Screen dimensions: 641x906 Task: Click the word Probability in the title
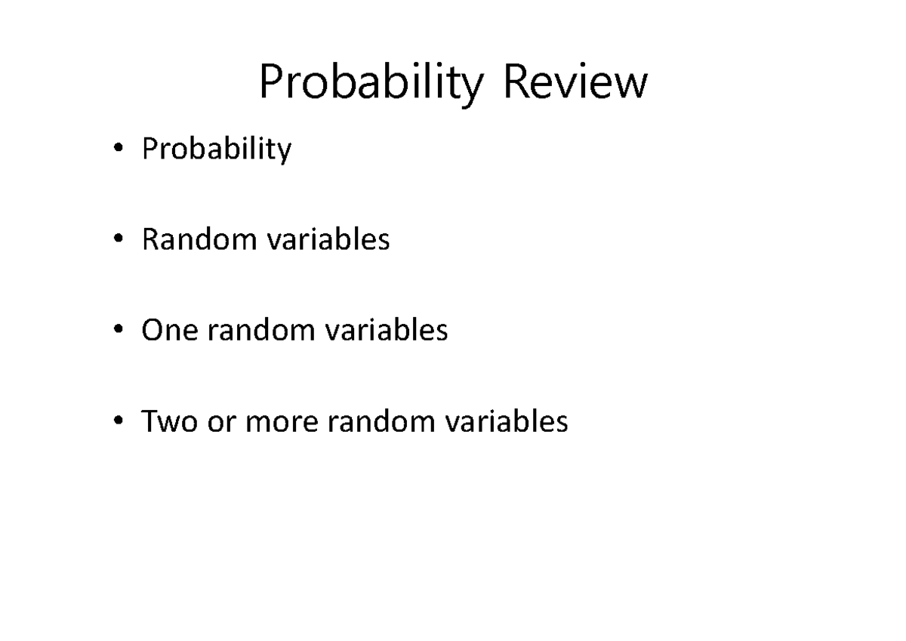tap(371, 84)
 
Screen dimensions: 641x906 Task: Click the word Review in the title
tap(575, 82)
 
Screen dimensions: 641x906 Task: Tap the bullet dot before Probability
tap(118, 149)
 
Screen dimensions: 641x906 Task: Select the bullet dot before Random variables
tap(118, 240)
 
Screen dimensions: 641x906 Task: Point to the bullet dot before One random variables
tap(118, 331)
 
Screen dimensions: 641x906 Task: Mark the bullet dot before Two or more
tap(118, 421)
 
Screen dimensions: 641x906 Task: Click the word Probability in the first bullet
tap(216, 150)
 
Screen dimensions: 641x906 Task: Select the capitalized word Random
tap(199, 240)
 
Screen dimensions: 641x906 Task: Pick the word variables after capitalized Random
tap(328, 240)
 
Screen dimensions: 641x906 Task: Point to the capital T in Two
tap(149, 421)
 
